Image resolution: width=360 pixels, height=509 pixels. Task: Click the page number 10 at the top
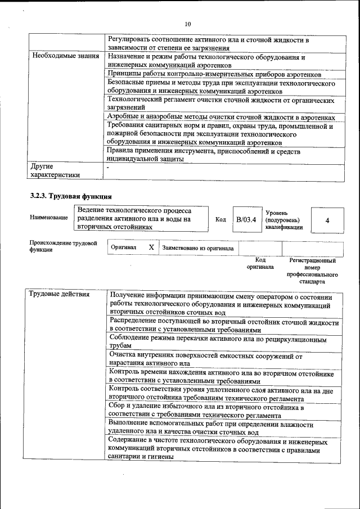pyautogui.click(x=188, y=24)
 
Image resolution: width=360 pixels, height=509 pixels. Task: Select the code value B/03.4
pyautogui.click(x=246, y=220)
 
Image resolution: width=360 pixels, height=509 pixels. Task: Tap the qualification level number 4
pyautogui.click(x=327, y=220)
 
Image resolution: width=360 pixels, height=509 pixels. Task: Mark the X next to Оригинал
pyautogui.click(x=151, y=247)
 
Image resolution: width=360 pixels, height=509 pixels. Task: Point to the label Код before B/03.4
pyautogui.click(x=220, y=220)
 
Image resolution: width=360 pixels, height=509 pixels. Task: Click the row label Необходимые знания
pyautogui.click(x=65, y=57)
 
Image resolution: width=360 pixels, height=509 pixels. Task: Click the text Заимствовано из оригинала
pyautogui.click(x=197, y=247)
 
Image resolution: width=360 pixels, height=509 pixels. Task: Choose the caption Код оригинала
pyautogui.click(x=260, y=263)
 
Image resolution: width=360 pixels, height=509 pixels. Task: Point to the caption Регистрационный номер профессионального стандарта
pyautogui.click(x=312, y=271)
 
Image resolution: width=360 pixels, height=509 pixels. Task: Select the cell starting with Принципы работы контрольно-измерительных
pyautogui.click(x=215, y=75)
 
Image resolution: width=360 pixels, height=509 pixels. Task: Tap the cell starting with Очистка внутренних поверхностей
pyautogui.click(x=206, y=359)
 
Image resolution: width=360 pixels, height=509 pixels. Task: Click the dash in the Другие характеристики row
pyautogui.click(x=109, y=168)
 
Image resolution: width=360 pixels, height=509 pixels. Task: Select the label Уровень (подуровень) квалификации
pyautogui.click(x=284, y=220)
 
